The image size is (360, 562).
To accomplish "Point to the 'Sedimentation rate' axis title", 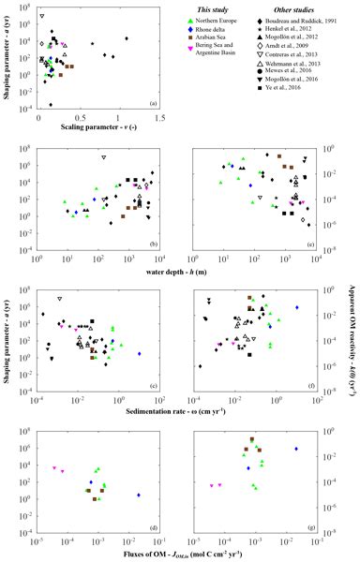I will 178,382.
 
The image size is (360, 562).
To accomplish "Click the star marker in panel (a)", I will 92,43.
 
